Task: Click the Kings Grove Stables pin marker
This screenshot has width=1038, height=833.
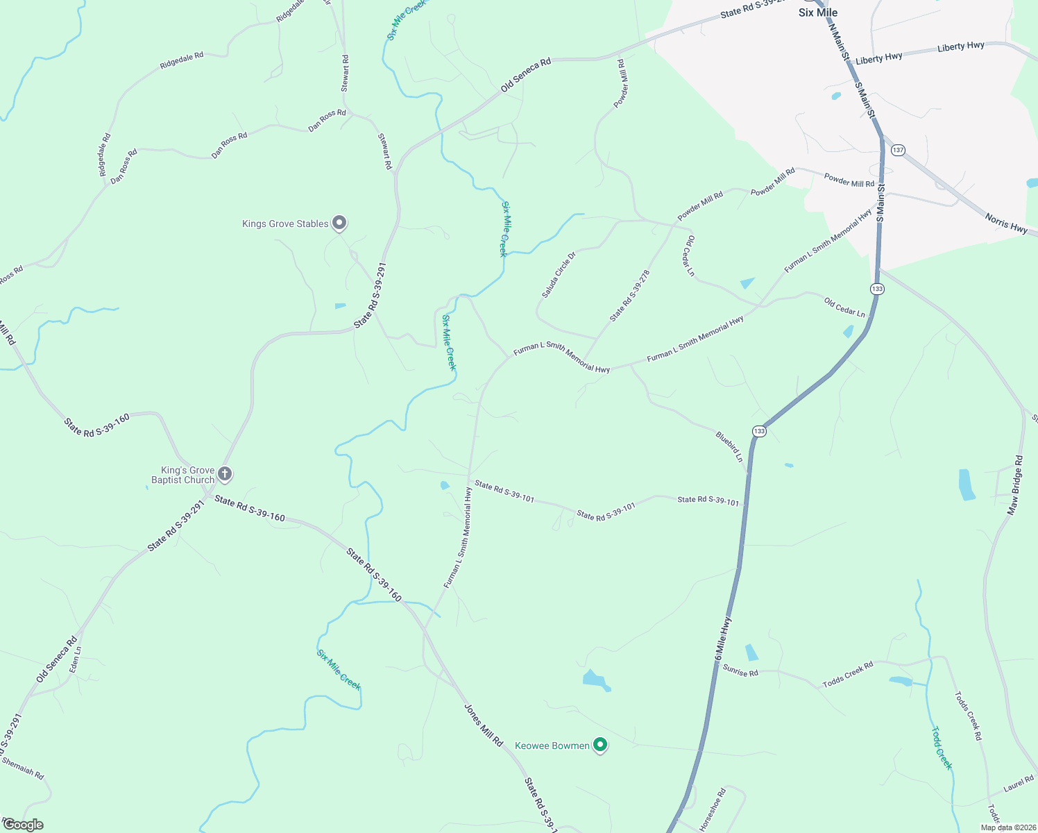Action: pyautogui.click(x=339, y=223)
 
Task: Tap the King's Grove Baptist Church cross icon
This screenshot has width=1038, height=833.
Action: pyautogui.click(x=224, y=474)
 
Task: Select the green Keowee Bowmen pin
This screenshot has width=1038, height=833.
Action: pyautogui.click(x=601, y=746)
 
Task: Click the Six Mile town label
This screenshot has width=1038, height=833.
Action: pyautogui.click(x=818, y=12)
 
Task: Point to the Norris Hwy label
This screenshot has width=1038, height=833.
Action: pyautogui.click(x=1006, y=224)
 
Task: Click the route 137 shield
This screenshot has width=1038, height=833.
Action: pyautogui.click(x=899, y=150)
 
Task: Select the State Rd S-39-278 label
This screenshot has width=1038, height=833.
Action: pyautogui.click(x=630, y=296)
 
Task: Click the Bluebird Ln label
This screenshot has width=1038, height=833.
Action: pyautogui.click(x=729, y=447)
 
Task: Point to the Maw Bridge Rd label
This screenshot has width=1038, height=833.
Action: pyautogui.click(x=1016, y=485)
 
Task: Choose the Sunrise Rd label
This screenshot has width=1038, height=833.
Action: pyautogui.click(x=740, y=671)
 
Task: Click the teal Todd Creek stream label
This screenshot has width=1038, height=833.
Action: pyautogui.click(x=942, y=748)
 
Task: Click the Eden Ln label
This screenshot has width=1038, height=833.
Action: pyautogui.click(x=76, y=659)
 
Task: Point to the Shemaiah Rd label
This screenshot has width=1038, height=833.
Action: pyautogui.click(x=23, y=768)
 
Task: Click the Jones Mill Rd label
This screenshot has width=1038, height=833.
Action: pyautogui.click(x=484, y=725)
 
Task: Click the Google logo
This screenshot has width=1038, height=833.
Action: pyautogui.click(x=23, y=825)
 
